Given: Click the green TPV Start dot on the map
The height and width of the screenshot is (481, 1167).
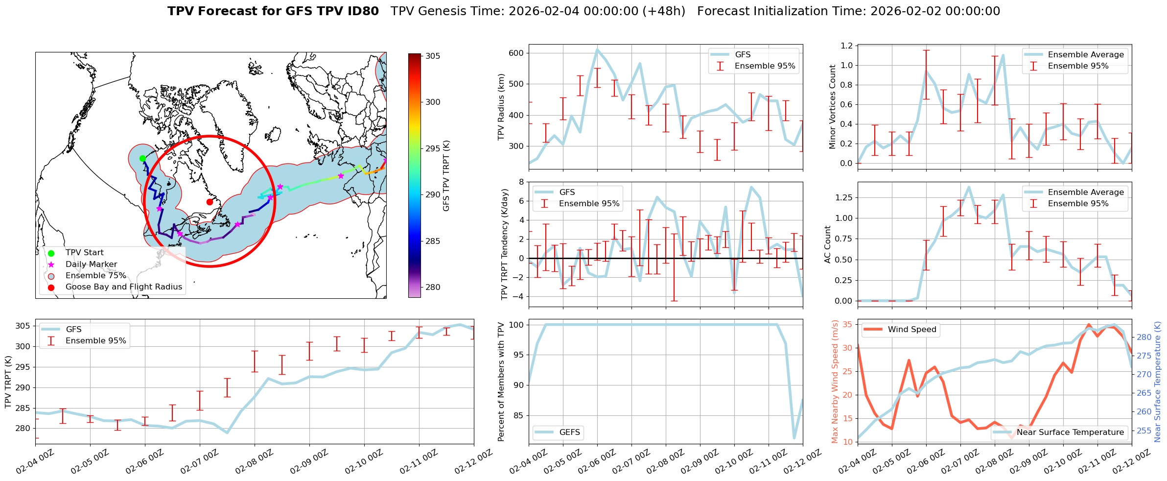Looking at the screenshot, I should [142, 158].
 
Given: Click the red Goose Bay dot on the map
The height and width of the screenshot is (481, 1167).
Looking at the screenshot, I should [210, 202].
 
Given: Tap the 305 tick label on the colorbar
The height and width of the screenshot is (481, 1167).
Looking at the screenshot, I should [433, 56].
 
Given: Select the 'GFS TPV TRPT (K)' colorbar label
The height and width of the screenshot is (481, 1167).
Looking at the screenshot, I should [446, 176].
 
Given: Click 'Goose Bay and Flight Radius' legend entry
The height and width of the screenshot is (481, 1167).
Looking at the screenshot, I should [123, 287].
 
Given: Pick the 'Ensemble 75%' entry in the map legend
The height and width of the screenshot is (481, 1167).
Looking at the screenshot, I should [95, 276].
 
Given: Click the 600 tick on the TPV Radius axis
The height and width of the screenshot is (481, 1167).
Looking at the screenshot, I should [517, 53].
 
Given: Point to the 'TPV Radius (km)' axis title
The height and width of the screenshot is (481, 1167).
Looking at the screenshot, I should [501, 107].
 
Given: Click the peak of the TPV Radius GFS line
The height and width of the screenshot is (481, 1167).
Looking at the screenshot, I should [597, 49].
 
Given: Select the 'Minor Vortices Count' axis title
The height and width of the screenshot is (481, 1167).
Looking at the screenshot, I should [833, 106].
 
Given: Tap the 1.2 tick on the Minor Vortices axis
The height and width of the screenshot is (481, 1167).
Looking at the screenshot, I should [846, 46].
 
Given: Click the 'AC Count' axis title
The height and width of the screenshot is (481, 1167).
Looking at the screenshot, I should [828, 244].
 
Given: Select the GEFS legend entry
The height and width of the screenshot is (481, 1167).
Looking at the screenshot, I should [569, 433].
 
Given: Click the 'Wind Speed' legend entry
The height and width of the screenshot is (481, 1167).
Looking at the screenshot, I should [911, 330].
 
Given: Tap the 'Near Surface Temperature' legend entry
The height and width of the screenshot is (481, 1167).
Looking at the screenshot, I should [1070, 433].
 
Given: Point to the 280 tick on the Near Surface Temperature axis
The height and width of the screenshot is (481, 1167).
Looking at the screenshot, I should [1144, 337].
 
